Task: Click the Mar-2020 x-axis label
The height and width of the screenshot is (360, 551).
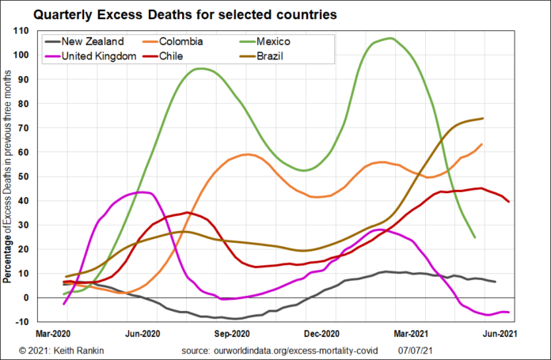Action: (x=55, y=335)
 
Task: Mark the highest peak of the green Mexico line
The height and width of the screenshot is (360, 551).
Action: (x=390, y=38)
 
